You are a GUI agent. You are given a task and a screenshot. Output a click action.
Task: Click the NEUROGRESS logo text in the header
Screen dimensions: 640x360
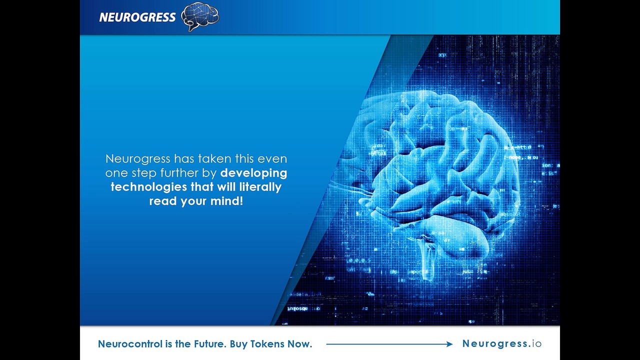[137, 17]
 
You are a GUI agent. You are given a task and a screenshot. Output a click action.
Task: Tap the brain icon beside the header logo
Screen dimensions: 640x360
[200, 16]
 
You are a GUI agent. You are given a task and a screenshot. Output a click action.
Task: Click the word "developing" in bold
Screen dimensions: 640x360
[253, 173]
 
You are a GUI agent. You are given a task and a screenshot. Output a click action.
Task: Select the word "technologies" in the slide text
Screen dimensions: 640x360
[148, 187]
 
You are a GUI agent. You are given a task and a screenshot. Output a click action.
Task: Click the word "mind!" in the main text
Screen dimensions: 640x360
[227, 201]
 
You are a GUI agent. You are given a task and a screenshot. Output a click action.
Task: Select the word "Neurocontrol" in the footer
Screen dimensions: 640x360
[130, 343]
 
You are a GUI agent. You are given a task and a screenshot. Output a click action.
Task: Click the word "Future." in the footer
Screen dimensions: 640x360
[210, 343]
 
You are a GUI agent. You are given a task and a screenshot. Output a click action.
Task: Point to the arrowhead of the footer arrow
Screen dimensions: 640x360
[449, 344]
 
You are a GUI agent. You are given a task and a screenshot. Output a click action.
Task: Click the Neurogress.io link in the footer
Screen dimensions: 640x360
[501, 343]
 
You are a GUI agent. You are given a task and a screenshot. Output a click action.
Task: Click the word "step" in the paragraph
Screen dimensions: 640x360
[144, 173]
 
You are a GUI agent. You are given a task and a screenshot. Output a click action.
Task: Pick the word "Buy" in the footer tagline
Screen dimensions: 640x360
[238, 343]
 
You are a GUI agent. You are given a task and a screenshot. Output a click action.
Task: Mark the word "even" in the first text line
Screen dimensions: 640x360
[272, 159]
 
